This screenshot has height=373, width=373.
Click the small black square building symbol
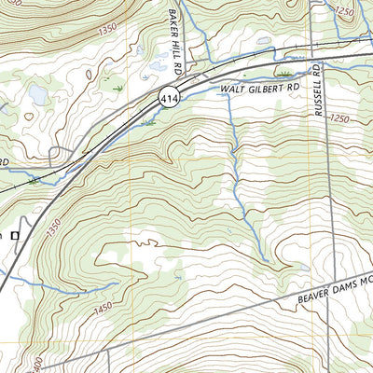pos(14,236)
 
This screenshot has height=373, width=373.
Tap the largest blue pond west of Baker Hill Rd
pos(37,94)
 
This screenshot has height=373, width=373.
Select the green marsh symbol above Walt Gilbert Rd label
pos(283,71)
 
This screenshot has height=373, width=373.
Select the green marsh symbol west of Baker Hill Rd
pos(117,87)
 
